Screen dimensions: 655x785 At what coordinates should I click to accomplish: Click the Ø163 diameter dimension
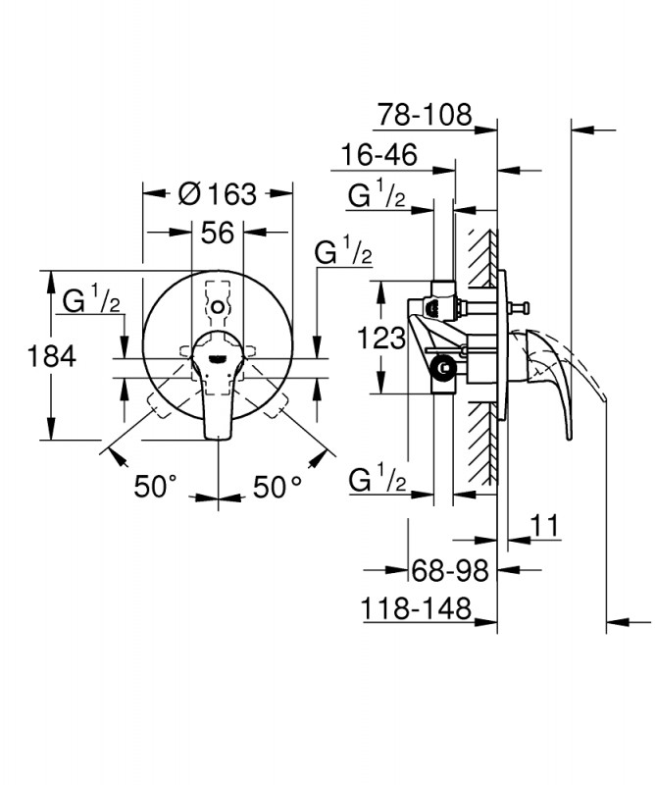click(217, 193)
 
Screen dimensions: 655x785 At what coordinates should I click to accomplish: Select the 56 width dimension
click(217, 233)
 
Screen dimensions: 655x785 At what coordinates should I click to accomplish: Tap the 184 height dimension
click(52, 356)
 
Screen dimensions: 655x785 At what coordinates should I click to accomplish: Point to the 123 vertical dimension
click(380, 338)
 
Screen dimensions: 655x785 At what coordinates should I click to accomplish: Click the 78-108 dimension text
click(425, 115)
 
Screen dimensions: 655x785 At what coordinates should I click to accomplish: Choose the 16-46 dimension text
click(378, 155)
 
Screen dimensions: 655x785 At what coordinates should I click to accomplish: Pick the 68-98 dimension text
click(450, 570)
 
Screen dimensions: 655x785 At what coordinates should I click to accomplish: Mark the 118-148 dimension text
click(416, 608)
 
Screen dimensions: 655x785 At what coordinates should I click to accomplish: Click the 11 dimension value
click(544, 526)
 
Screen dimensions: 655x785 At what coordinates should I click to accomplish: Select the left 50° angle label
click(156, 486)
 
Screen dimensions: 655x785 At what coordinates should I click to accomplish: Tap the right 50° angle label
click(277, 487)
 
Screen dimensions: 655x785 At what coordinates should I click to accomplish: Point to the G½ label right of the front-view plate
click(343, 251)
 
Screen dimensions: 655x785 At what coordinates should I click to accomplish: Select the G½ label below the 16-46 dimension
click(377, 194)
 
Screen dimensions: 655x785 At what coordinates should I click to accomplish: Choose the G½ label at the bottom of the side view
click(378, 479)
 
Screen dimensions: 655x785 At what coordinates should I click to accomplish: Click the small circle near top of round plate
click(218, 307)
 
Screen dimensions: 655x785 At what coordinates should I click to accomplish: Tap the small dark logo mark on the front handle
click(217, 359)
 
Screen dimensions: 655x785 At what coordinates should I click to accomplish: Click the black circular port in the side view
click(442, 369)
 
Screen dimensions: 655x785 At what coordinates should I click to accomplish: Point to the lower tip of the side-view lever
click(569, 439)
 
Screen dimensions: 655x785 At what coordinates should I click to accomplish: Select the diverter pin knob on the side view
click(526, 305)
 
